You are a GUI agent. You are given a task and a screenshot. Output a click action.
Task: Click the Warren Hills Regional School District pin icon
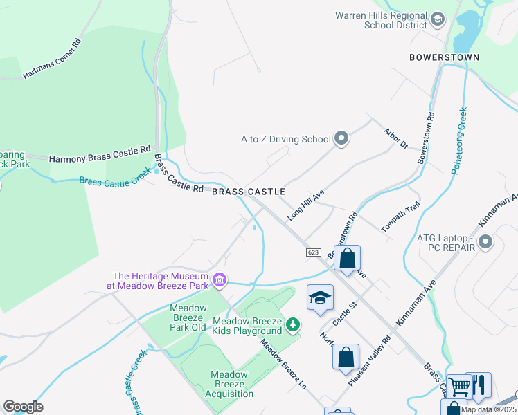tap(437, 19)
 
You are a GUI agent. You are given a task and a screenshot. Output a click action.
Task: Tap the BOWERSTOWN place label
tap(445, 57)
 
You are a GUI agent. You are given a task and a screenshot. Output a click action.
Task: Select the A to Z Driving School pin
tap(341, 139)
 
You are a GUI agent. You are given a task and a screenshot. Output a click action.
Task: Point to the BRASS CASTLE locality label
tap(249, 191)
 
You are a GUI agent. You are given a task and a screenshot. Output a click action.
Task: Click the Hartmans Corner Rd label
tap(52, 59)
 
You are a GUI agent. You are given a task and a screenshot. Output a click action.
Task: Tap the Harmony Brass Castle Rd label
tap(100, 154)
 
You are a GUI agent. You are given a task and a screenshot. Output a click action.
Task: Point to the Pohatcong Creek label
tap(458, 140)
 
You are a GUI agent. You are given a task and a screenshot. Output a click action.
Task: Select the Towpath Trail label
tap(401, 217)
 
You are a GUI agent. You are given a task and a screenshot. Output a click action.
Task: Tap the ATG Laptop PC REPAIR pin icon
tap(485, 243)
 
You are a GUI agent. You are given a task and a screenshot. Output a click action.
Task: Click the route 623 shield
tap(313, 253)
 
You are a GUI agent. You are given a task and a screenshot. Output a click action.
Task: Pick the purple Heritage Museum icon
tap(220, 279)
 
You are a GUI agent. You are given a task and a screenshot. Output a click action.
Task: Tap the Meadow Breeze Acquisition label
tap(232, 384)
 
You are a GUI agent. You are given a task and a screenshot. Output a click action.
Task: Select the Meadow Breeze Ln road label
tap(283, 362)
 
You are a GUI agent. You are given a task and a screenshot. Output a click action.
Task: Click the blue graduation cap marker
tap(320, 297)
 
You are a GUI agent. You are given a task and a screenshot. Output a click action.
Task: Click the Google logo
tap(23, 406)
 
